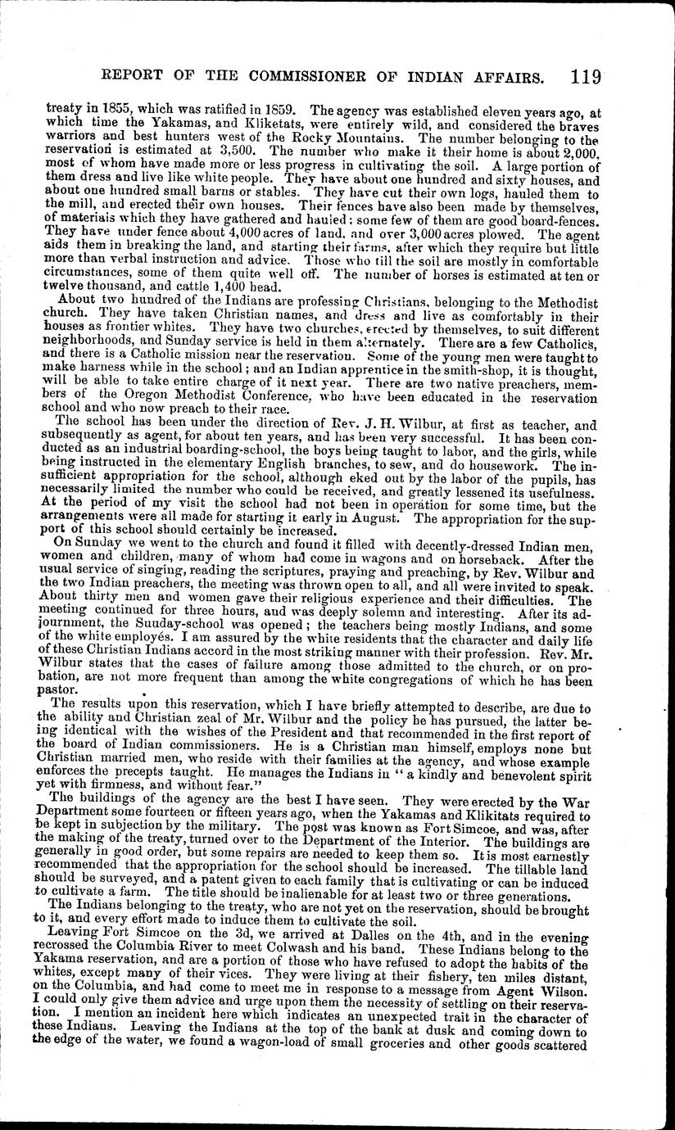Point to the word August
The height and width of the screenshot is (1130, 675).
[374, 518]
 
